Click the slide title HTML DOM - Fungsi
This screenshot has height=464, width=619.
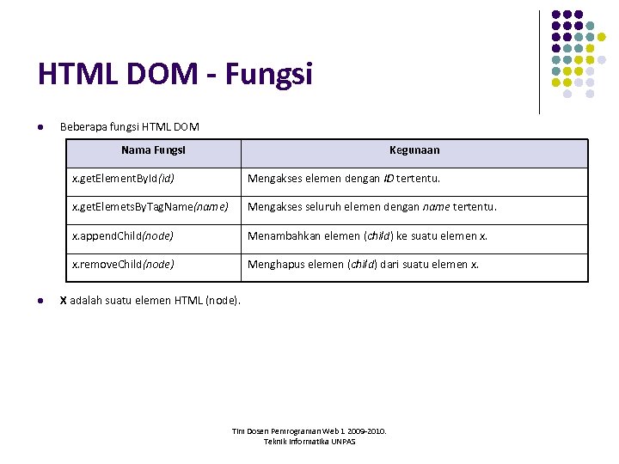tap(175, 75)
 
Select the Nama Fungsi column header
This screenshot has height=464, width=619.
tap(153, 150)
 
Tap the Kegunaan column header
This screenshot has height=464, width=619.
tap(414, 150)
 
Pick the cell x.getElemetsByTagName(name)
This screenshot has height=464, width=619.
tap(150, 207)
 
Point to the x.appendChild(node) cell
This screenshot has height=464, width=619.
tap(123, 235)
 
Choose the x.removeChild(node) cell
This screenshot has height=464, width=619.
tap(123, 264)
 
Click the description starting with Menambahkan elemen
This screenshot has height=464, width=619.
tap(367, 235)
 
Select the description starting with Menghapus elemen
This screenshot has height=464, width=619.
tap(364, 264)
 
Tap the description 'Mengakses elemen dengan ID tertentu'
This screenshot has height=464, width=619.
tap(344, 179)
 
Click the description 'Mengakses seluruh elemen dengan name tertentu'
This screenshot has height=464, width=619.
tap(372, 207)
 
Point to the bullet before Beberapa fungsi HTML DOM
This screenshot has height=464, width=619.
tap(40, 128)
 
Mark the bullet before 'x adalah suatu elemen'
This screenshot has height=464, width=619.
tap(40, 301)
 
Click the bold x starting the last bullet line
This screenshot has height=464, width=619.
tap(63, 301)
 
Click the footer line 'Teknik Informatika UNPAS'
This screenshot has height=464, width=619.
tap(309, 442)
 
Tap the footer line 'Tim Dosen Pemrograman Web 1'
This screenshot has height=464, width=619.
tap(309, 431)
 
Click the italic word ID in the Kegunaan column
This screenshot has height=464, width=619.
tap(389, 179)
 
